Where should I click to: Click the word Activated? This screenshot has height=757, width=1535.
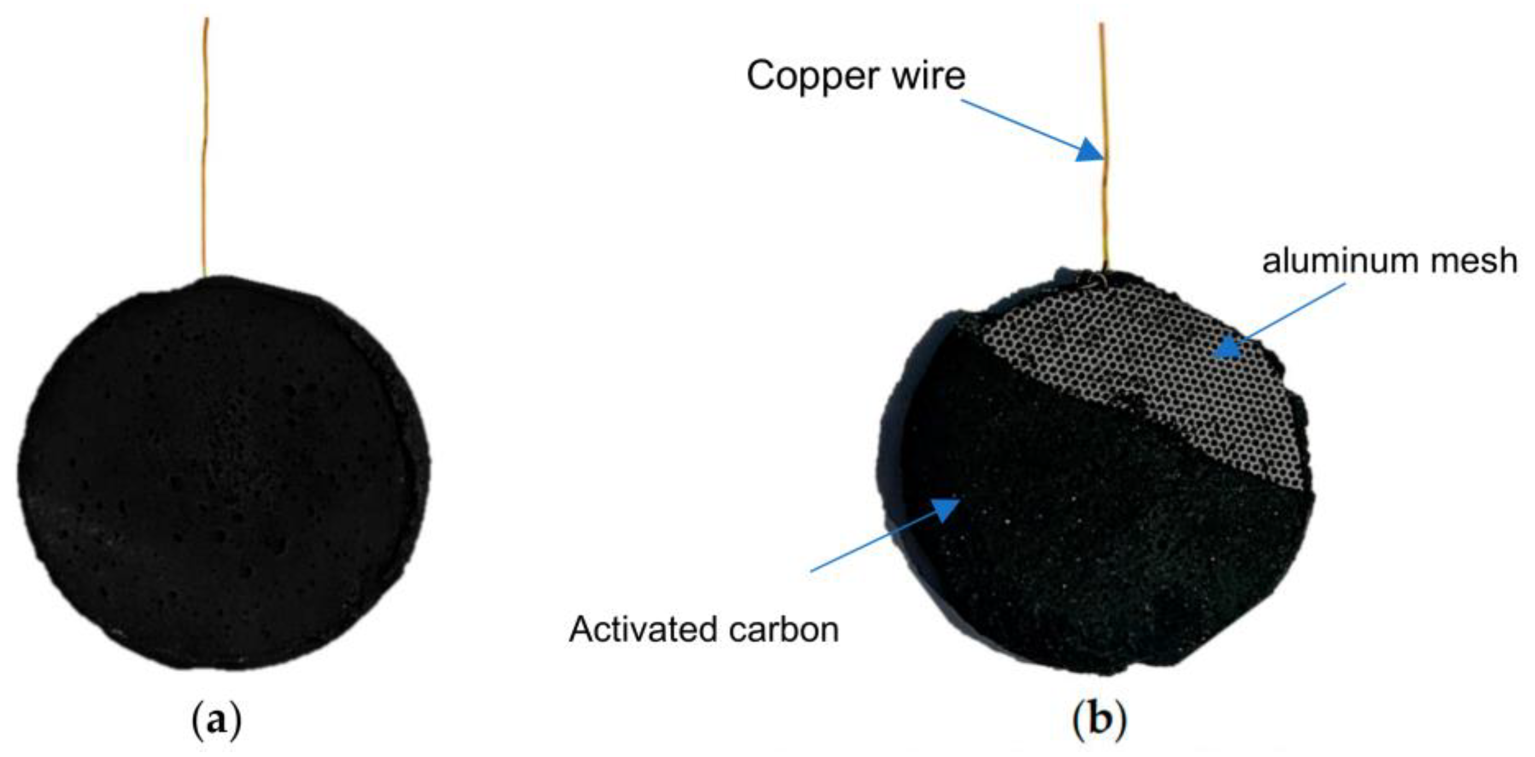pos(641,630)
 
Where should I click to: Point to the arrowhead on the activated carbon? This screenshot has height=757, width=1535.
pos(945,509)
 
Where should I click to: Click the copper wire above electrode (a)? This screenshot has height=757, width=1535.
pos(206,149)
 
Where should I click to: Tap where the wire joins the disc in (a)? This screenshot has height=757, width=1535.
pos(205,276)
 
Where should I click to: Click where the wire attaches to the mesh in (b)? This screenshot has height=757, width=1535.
pos(1104,277)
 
